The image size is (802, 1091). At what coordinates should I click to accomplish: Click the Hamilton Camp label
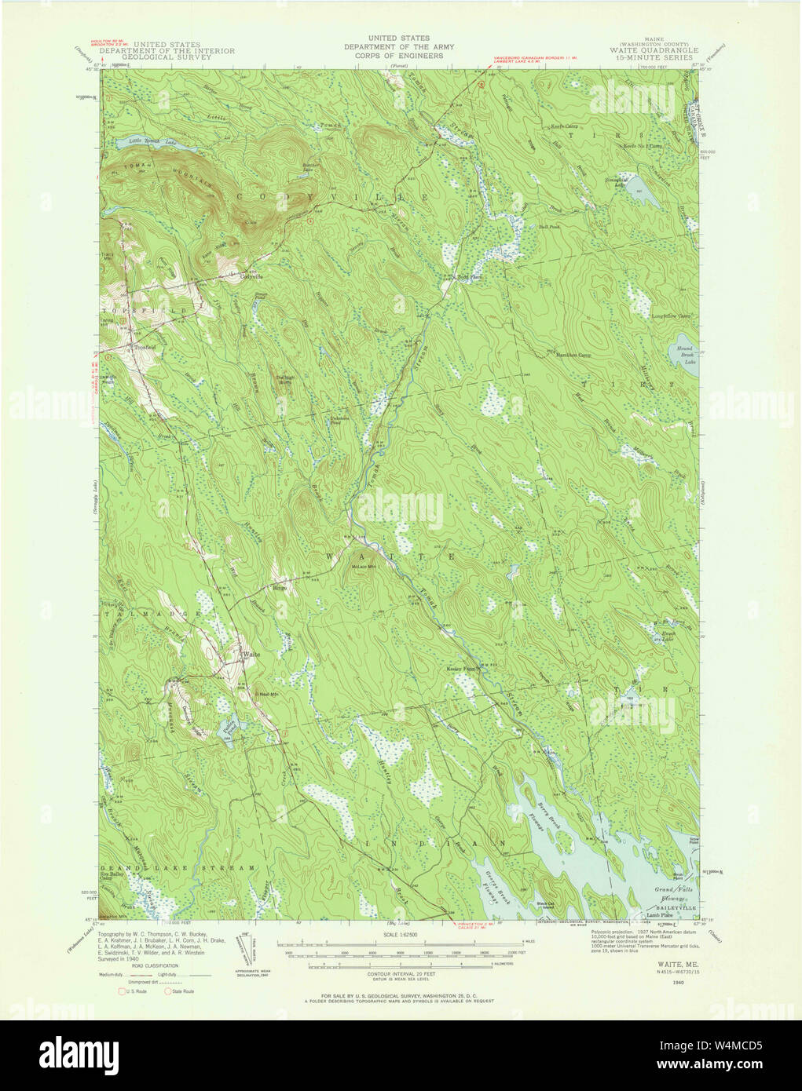tap(573, 355)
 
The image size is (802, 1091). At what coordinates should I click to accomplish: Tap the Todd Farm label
tap(470, 277)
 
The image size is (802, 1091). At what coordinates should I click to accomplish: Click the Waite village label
tap(251, 654)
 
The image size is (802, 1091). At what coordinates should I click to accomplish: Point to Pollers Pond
tap(229, 728)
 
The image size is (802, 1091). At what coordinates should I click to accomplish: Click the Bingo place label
tap(280, 586)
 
